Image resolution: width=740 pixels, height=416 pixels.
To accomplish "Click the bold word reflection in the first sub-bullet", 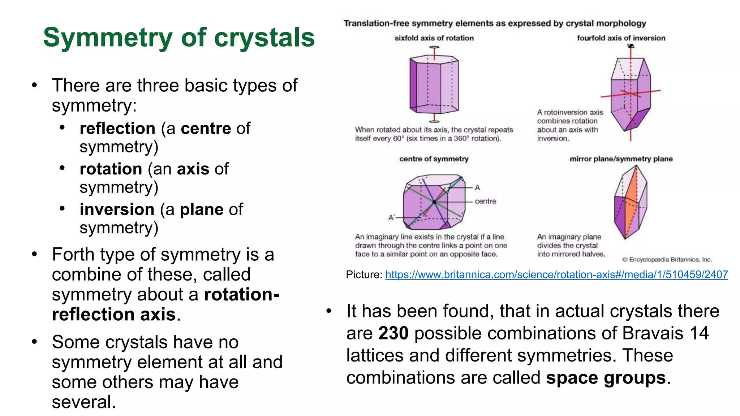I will (117, 129).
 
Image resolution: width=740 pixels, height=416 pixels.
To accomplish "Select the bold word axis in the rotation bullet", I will (193, 169).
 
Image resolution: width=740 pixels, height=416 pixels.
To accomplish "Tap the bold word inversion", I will (117, 209).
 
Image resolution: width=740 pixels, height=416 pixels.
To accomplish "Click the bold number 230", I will (393, 333).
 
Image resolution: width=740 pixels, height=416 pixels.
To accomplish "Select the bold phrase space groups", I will (606, 378).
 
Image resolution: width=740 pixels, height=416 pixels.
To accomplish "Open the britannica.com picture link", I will (556, 275).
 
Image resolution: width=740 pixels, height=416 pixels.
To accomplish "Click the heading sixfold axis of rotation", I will (434, 38).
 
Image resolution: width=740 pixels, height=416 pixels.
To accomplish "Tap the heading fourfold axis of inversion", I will (621, 38).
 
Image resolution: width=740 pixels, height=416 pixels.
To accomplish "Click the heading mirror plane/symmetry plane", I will (621, 159).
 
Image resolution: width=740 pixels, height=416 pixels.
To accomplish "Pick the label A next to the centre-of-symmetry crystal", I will (477, 188).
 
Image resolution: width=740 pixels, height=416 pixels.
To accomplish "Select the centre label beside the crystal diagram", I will (485, 201).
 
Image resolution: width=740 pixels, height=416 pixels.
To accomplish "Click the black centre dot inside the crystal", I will (434, 202).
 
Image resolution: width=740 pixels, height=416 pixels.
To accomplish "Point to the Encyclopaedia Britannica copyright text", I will (667, 260).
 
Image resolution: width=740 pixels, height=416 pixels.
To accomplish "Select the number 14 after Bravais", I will (699, 333).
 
